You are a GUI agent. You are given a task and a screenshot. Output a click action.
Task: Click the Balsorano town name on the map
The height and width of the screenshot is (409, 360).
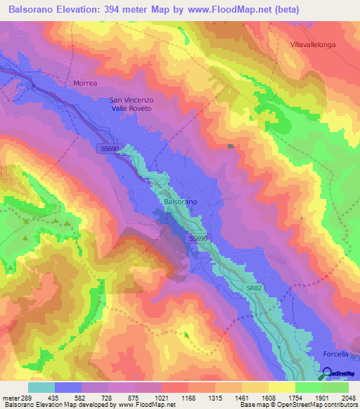180,202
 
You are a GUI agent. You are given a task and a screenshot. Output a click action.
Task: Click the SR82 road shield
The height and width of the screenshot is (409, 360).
255,288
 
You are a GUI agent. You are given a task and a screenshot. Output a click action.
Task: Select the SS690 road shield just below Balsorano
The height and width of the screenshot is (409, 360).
198,239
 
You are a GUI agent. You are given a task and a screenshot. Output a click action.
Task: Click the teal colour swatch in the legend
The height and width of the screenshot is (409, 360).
41,387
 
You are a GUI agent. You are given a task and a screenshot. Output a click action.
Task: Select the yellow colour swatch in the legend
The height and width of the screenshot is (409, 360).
281,387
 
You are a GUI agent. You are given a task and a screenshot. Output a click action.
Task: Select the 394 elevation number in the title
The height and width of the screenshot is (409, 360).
133,10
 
